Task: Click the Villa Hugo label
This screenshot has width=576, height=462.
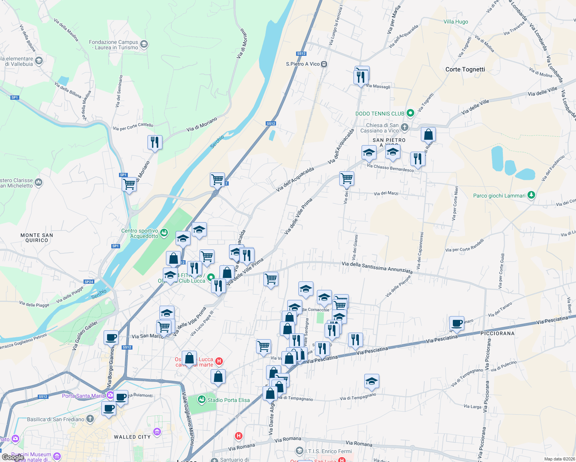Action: [455, 22]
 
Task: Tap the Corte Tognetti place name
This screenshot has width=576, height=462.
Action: [465, 69]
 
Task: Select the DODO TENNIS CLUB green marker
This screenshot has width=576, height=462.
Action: [410, 113]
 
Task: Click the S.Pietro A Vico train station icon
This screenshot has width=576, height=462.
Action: [324, 64]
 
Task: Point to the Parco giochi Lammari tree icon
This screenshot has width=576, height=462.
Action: [531, 195]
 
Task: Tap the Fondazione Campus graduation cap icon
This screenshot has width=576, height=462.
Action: [144, 44]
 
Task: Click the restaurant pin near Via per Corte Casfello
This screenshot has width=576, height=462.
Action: [155, 142]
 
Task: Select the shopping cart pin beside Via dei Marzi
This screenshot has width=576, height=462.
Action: [347, 178]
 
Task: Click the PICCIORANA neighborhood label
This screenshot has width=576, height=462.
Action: [497, 333]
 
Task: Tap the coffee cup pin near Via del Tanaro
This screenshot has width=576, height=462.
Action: [457, 323]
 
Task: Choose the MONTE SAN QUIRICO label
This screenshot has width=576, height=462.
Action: [37, 238]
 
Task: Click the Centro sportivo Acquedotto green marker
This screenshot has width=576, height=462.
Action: [164, 233]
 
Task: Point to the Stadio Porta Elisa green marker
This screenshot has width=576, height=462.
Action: [201, 400]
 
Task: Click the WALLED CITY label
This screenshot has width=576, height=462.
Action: [132, 437]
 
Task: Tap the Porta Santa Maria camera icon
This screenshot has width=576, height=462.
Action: [110, 395]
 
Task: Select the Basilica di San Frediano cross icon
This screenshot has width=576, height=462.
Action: [90, 419]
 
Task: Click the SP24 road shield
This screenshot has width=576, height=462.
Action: [89, 282]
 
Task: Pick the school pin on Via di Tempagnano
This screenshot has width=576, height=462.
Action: [372, 381]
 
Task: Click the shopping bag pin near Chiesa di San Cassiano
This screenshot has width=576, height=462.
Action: [428, 135]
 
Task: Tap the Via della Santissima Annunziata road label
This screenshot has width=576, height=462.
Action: [377, 267]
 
